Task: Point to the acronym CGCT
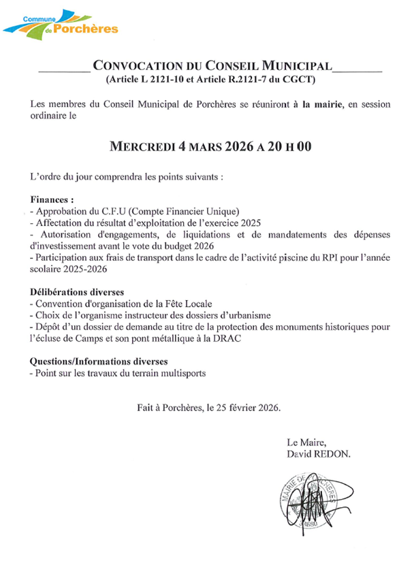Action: pyautogui.click(x=301, y=81)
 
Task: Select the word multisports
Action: pyautogui.click(x=180, y=373)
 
